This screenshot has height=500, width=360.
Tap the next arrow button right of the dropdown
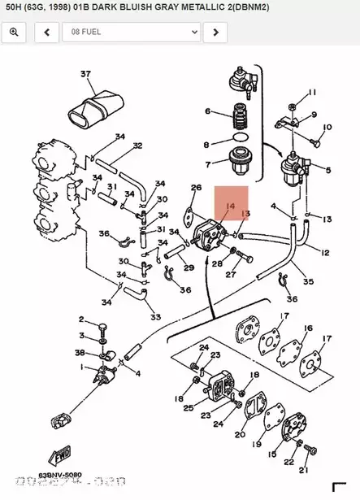215,32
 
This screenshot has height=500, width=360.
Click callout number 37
86,74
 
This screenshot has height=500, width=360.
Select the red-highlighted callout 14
231,207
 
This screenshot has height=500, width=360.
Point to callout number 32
137,146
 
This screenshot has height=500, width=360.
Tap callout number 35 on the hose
308,282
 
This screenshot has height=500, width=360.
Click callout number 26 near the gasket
195,188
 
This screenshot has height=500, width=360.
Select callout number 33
155,316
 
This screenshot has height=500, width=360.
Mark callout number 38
80,353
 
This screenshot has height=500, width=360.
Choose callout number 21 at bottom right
303,470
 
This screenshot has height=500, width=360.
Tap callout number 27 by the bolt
230,275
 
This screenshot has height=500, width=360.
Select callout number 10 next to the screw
327,128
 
